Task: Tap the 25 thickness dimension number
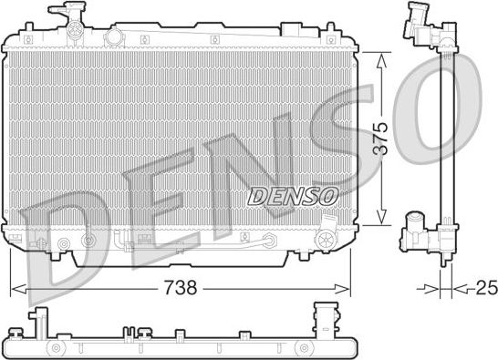click(486, 288)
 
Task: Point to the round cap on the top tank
click(114, 36)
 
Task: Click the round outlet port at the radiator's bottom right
click(326, 239)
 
